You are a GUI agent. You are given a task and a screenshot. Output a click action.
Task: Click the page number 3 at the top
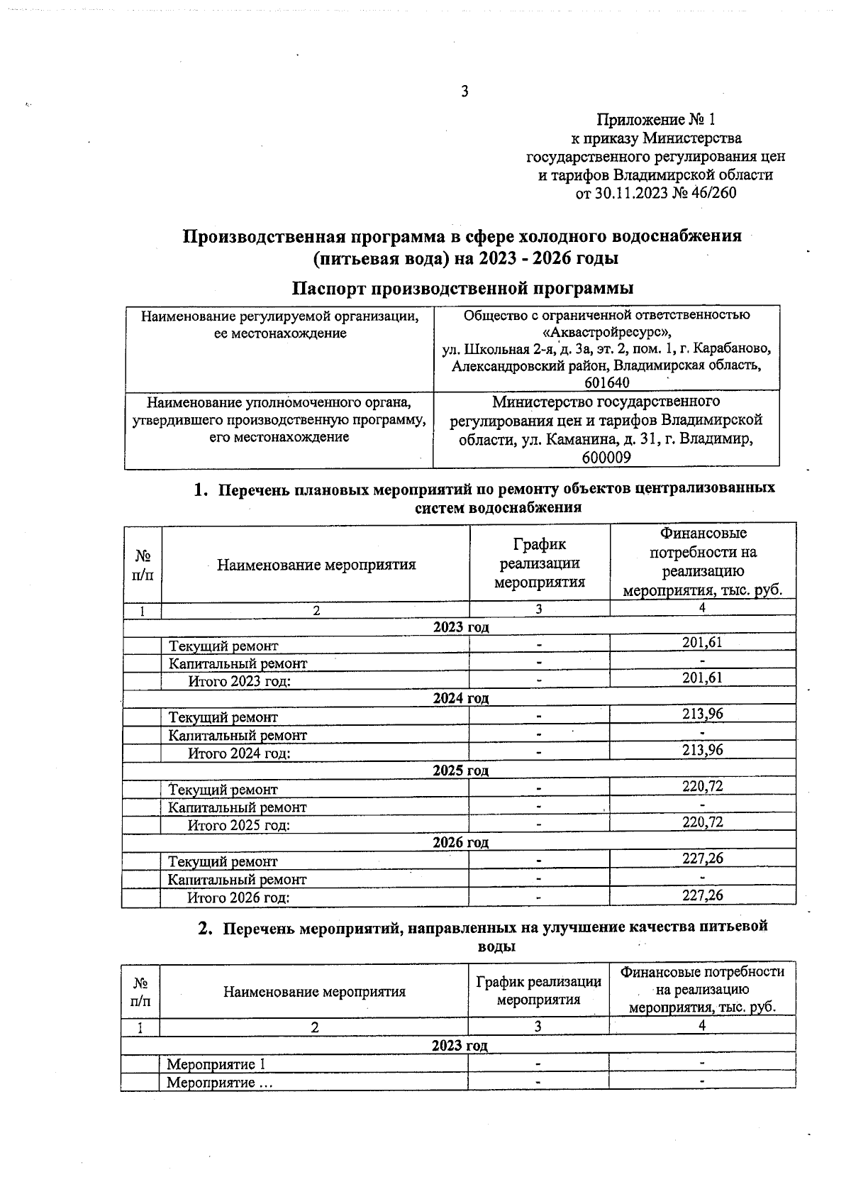[x=465, y=91]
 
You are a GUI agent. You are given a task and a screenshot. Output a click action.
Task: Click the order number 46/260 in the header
[x=713, y=193]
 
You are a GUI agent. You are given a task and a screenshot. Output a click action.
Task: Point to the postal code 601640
[x=606, y=383]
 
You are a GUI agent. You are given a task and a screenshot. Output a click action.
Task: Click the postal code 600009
[x=606, y=458]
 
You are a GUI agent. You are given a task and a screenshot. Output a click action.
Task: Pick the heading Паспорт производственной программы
[x=463, y=289]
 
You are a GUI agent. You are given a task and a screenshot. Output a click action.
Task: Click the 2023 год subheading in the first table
[x=461, y=627]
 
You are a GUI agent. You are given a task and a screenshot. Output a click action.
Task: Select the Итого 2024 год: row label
[x=239, y=753]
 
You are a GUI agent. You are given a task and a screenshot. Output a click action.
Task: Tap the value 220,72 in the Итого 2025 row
[x=702, y=822]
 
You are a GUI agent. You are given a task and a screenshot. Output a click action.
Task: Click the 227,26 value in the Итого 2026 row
[x=702, y=895]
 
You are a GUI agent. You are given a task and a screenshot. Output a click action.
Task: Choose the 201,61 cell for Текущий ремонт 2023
[x=702, y=643]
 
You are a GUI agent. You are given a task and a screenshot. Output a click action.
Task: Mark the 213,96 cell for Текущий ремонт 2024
[x=702, y=714]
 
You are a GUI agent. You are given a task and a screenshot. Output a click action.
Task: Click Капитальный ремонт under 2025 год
[x=238, y=807]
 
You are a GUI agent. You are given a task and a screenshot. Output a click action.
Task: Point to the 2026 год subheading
[x=461, y=843]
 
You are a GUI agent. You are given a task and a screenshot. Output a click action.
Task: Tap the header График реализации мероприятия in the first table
[x=539, y=563]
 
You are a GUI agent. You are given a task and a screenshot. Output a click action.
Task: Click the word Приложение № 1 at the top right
[x=656, y=119]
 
